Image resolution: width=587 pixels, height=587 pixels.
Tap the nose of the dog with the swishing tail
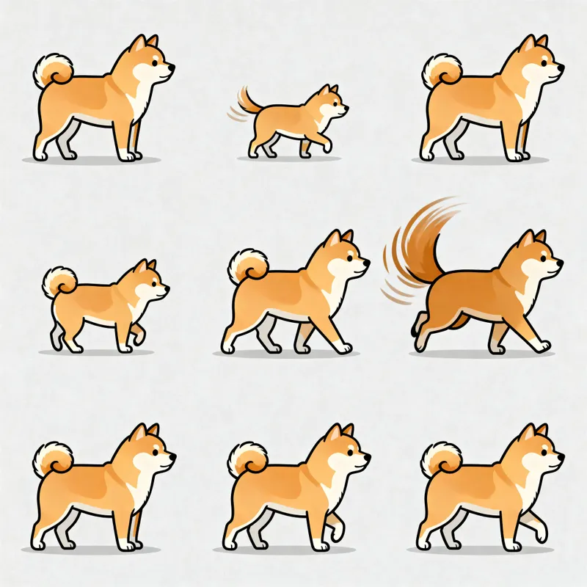click(561, 260)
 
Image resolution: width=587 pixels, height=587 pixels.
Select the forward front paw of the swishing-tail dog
click(543, 346)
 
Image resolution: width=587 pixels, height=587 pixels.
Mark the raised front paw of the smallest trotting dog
click(327, 147)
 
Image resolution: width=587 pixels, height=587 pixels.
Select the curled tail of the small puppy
click(59, 281)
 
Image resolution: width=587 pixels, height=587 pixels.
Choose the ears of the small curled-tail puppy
click(145, 266)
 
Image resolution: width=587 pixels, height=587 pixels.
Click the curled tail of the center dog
click(248, 266)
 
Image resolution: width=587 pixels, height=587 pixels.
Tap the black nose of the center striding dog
click(366, 260)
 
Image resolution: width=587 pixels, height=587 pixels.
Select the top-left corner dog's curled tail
click(53, 70)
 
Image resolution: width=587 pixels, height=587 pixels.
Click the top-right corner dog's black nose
click(561, 67)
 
